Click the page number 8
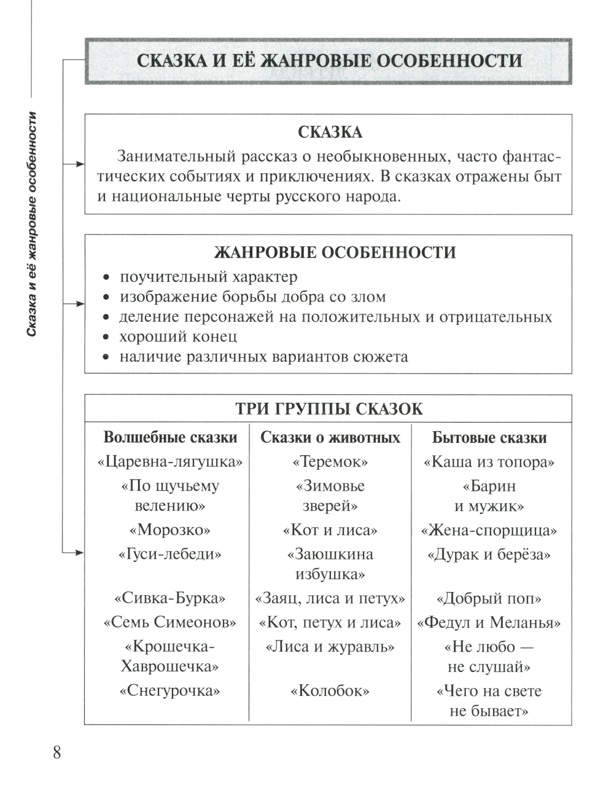57,752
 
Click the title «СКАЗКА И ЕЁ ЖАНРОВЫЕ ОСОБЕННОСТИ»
329,61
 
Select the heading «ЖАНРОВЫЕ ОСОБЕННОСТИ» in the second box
335,252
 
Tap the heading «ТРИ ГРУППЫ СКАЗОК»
329,409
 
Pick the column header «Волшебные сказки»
170,437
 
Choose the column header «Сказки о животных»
330,437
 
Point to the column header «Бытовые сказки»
489,437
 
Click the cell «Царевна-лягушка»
170,462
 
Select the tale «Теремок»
330,462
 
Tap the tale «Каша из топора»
489,462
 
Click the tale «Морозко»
170,529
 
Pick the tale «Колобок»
330,691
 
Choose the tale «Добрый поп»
489,598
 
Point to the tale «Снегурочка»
170,691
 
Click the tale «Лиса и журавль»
330,647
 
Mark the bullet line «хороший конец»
178,337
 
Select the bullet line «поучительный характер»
208,277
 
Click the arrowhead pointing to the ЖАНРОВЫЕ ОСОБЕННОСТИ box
80,303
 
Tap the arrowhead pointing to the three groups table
80,553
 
